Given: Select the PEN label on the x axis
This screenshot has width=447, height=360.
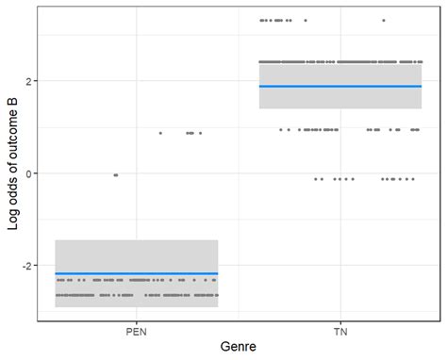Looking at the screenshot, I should pyautogui.click(x=136, y=332).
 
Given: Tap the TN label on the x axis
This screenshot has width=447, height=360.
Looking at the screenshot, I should pyautogui.click(x=339, y=332).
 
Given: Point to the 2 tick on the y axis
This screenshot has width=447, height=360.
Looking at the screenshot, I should pyautogui.click(x=26, y=81).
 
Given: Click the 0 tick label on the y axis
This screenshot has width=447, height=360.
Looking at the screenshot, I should pyautogui.click(x=26, y=173).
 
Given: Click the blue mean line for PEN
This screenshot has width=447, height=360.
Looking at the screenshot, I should pyautogui.click(x=136, y=273).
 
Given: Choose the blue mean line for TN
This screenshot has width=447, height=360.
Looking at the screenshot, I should pyautogui.click(x=339, y=87).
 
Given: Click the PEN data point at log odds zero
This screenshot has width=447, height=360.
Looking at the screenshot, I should pyautogui.click(x=116, y=174).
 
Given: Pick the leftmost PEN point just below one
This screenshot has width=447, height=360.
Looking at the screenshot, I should pyautogui.click(x=160, y=133).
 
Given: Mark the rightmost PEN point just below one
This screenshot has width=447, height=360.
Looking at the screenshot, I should pyautogui.click(x=200, y=133).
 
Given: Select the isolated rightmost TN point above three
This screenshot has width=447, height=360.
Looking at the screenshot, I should pyautogui.click(x=384, y=20).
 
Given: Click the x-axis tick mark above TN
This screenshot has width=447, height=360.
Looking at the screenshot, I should pyautogui.click(x=339, y=321).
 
